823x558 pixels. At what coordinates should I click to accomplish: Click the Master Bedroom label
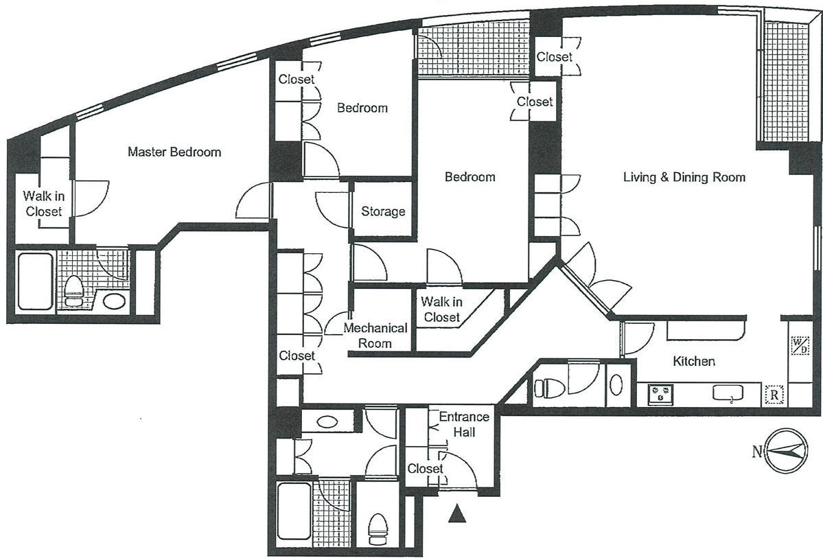[x=174, y=152]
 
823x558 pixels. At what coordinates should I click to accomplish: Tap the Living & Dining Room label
[x=684, y=177]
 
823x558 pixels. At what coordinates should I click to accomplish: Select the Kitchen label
[x=694, y=361]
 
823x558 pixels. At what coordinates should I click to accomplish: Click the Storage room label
[x=383, y=211]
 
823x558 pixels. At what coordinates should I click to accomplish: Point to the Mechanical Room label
[x=375, y=336]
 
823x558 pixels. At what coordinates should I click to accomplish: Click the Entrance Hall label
[x=464, y=424]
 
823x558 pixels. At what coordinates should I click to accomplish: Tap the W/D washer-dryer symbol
[x=800, y=345]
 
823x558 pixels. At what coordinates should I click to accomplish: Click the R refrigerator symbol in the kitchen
[x=774, y=395]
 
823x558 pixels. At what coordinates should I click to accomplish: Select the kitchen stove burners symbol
[x=661, y=394]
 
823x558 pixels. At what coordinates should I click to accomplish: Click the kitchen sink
[x=728, y=393]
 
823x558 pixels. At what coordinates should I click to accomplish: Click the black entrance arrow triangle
[x=458, y=513]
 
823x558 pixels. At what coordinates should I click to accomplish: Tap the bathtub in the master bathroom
[x=35, y=281]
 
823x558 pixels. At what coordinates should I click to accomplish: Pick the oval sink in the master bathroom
[x=114, y=301]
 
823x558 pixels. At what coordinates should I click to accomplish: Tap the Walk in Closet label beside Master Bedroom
[x=43, y=204]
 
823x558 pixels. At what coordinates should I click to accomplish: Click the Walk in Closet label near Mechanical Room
[x=442, y=310]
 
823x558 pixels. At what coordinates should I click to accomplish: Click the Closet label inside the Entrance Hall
[x=425, y=468]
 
